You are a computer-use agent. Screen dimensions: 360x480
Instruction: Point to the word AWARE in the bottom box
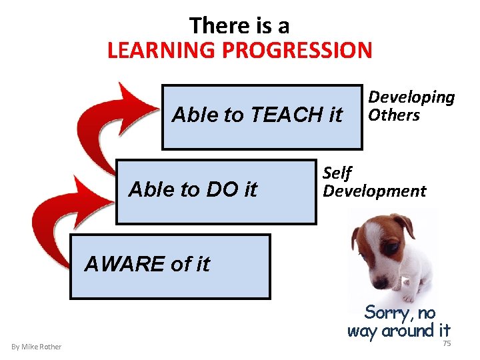point(125,265)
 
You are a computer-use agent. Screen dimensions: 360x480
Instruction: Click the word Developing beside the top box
point(411,97)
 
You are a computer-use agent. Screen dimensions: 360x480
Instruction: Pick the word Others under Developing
point(394,115)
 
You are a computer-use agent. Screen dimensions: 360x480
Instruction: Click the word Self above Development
point(337,173)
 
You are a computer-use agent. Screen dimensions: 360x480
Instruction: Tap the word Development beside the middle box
point(374,191)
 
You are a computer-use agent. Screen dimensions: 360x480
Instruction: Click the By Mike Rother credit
point(36,347)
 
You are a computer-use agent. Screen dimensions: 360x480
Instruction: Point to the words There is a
point(239,25)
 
